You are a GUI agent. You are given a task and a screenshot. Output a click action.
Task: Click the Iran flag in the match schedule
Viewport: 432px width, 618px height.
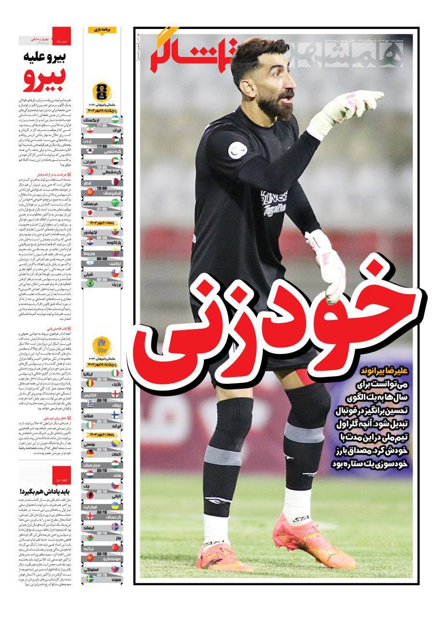[x=90, y=129]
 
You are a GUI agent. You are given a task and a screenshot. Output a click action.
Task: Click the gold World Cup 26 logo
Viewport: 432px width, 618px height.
[x=102, y=92]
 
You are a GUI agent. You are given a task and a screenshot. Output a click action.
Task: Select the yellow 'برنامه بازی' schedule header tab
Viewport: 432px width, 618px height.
[x=102, y=30]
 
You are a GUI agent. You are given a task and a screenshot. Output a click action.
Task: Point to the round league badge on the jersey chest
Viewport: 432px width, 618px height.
[x=237, y=150]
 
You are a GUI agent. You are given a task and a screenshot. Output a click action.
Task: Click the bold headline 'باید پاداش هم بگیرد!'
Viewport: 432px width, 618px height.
[x=46, y=492]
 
